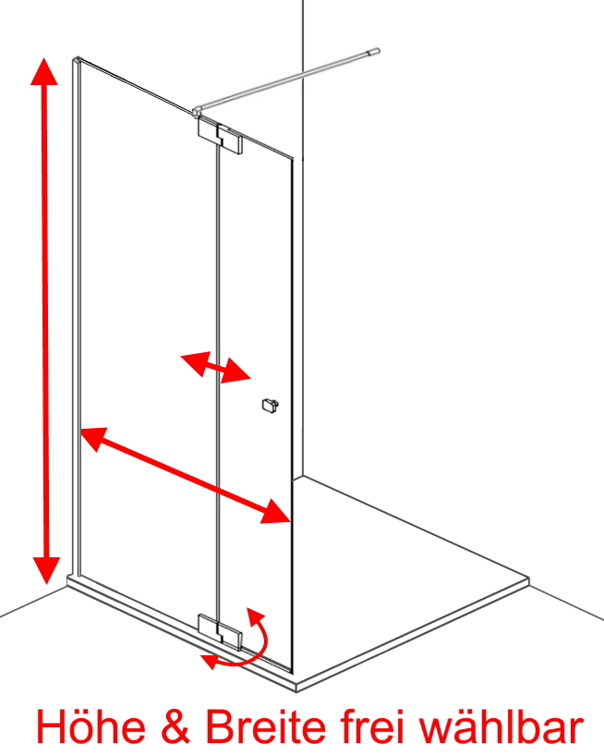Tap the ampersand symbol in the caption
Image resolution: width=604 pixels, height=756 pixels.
[x=175, y=727]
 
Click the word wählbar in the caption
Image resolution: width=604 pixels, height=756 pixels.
[x=502, y=726]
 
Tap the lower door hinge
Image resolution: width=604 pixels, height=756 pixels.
[x=220, y=632]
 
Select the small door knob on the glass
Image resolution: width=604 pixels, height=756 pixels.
[x=271, y=405]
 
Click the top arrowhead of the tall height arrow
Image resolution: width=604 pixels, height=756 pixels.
[x=44, y=71]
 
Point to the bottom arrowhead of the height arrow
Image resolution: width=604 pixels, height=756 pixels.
[x=47, y=570]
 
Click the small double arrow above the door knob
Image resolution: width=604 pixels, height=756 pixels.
[x=216, y=368]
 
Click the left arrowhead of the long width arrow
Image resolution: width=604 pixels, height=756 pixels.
[x=94, y=438]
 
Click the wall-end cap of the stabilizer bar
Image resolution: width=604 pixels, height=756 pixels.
[x=374, y=52]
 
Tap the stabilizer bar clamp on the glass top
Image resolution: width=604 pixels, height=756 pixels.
[x=196, y=113]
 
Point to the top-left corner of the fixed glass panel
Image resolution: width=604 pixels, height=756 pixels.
[x=76, y=60]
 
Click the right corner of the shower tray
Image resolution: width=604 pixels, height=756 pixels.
[x=529, y=578]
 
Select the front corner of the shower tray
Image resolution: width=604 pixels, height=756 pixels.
[x=296, y=685]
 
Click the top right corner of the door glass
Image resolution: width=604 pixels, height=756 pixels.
[x=293, y=158]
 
